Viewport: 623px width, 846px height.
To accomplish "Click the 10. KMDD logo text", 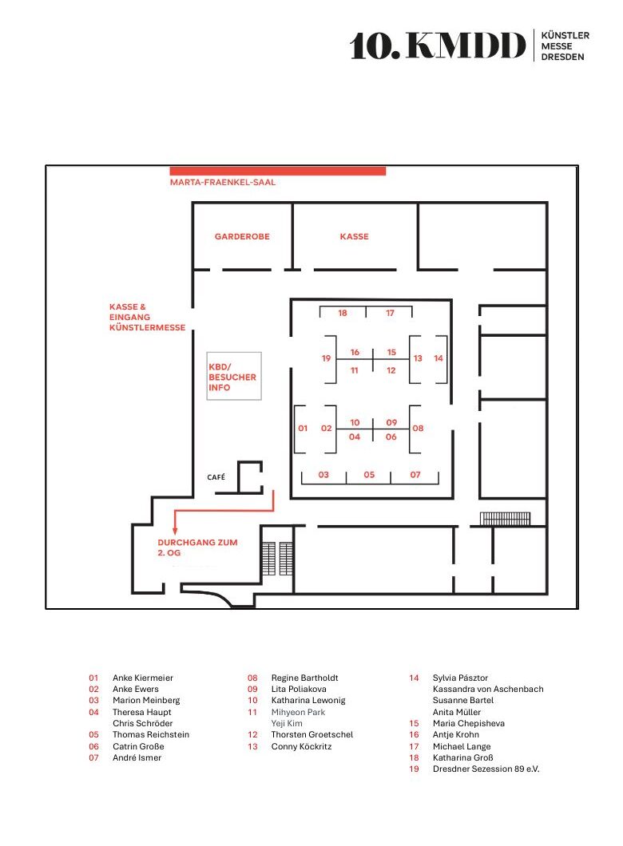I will point(438,47).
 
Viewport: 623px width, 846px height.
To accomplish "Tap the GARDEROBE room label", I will point(241,237).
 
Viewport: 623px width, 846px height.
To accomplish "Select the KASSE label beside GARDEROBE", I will point(354,237).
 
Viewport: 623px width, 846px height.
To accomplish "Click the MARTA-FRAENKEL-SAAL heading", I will point(223,183).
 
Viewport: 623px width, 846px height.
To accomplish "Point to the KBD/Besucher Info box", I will point(233,376).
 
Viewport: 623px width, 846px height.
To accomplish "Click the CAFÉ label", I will point(216,477).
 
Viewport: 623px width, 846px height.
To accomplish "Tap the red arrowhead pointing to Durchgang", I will point(175,529).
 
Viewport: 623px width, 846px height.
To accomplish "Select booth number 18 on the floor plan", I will point(343,314).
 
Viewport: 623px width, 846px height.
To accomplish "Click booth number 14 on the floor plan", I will point(438,359).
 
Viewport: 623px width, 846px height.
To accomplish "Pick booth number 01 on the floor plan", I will point(303,429).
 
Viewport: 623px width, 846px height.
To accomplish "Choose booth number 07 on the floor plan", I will point(415,475).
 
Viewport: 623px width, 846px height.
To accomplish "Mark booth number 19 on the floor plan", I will point(326,359).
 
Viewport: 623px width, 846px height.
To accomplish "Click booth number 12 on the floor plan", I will point(391,370).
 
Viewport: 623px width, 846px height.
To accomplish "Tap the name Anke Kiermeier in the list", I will point(142,678).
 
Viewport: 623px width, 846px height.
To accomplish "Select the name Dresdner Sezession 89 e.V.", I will point(486,769).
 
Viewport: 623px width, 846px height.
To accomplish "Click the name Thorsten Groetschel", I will point(312,735).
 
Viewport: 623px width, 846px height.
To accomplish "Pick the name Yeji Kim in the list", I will point(287,723).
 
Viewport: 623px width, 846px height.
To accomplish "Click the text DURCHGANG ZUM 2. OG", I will point(197,548).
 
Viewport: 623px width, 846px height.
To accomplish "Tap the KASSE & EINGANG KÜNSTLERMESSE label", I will point(147,317).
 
